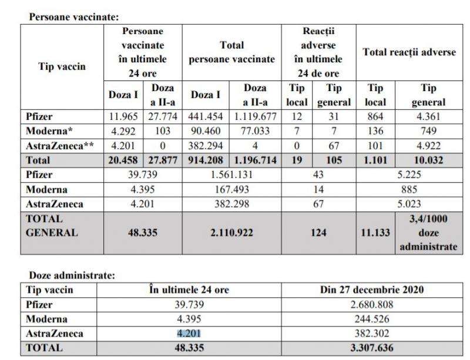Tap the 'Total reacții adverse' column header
pyautogui.click(x=409, y=53)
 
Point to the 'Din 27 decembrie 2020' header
pyautogui.click(x=372, y=290)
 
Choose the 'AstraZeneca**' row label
pyautogui.click(x=61, y=145)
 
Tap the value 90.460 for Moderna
pyautogui.click(x=206, y=130)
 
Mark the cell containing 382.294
pyautogui.click(x=206, y=145)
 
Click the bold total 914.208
pyautogui.click(x=206, y=160)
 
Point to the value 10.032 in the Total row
pyautogui.click(x=429, y=160)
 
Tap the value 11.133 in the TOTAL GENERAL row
pyautogui.click(x=375, y=233)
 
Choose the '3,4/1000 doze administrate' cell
pyautogui.click(x=428, y=233)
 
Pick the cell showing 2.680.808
pyautogui.click(x=372, y=305)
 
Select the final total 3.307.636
pyautogui.click(x=372, y=348)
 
